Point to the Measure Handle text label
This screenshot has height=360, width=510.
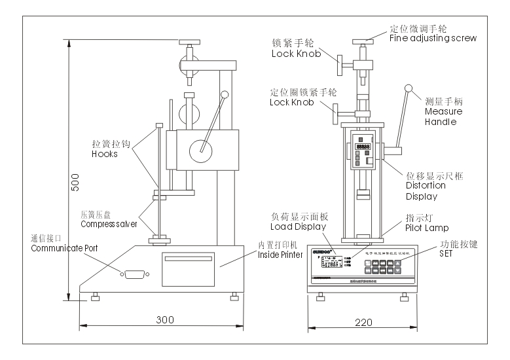443,117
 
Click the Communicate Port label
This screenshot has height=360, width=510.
58,249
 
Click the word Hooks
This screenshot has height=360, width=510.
105,154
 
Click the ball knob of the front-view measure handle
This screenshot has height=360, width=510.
409,88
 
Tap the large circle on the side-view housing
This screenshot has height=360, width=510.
202,151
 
